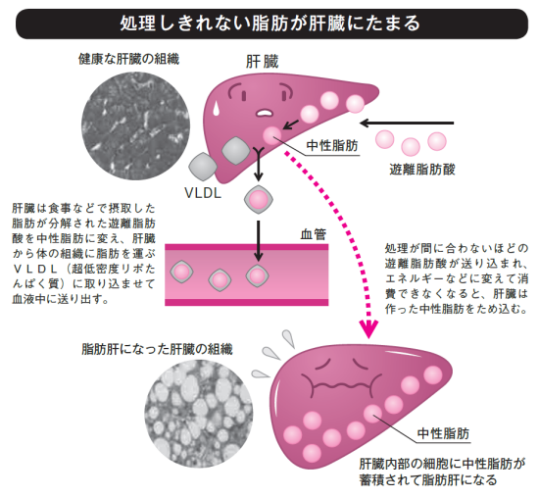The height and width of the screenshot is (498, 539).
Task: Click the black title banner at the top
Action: [271, 24]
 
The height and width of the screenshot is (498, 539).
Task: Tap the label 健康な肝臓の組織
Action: [129, 59]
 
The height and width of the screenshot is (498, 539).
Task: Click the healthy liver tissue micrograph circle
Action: [136, 125]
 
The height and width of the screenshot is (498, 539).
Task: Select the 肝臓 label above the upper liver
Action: [262, 63]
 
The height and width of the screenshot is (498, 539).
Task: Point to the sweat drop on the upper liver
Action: [217, 107]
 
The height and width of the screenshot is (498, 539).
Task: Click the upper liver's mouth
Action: [264, 112]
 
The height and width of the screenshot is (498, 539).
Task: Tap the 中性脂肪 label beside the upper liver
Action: [332, 145]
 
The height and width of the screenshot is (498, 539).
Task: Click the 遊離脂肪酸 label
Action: [422, 170]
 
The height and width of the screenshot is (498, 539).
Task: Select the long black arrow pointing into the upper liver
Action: [407, 123]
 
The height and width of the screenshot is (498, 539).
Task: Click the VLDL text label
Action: [203, 193]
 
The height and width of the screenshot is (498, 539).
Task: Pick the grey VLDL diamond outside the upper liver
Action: [203, 167]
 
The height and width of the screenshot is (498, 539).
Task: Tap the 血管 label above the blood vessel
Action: [314, 234]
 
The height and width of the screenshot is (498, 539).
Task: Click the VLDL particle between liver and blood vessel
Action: [259, 199]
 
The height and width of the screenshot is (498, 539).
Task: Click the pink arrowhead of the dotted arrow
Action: [368, 328]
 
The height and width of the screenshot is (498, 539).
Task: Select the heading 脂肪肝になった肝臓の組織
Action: [158, 349]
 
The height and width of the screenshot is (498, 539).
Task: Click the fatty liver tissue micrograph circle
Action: [199, 414]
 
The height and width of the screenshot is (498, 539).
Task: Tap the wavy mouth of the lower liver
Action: [341, 384]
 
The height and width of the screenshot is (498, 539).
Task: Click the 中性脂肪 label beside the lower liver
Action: [443, 433]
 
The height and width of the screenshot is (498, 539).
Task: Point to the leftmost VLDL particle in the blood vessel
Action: [182, 273]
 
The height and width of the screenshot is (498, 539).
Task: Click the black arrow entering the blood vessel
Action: [259, 241]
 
